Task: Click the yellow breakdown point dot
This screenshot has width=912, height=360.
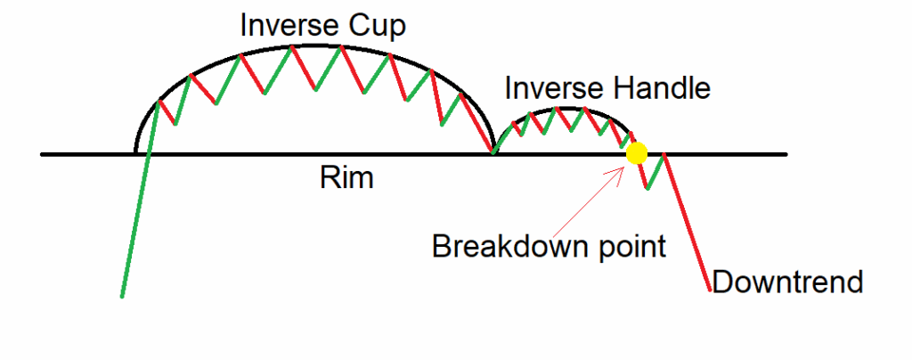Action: (637, 153)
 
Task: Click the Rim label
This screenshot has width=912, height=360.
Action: (347, 178)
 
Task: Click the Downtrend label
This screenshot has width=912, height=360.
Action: (787, 282)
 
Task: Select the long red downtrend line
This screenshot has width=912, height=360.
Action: (687, 222)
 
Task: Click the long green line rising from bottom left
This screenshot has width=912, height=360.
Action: (140, 199)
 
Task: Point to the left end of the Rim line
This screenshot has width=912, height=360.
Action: (42, 154)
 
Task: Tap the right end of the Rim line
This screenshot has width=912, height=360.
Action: (786, 154)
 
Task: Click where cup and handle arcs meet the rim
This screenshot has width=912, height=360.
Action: (493, 153)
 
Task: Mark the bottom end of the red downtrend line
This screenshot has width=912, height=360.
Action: (710, 290)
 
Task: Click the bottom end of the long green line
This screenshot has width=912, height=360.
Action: (121, 296)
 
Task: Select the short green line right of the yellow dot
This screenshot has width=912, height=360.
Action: (655, 172)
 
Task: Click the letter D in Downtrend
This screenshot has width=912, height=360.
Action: (722, 282)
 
